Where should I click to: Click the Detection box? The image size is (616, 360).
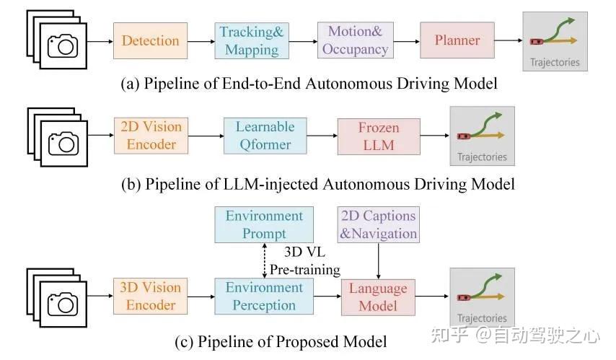click(x=150, y=41)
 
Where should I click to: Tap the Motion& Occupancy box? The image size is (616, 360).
click(x=354, y=40)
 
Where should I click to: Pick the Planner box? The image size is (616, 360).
click(x=457, y=41)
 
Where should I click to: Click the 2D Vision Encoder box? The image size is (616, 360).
click(x=151, y=135)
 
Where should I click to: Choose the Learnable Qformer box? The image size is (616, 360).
click(x=265, y=135)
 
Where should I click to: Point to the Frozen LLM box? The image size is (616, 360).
click(x=378, y=136)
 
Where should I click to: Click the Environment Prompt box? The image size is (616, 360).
click(x=264, y=224)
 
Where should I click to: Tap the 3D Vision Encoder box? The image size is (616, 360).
click(x=151, y=296)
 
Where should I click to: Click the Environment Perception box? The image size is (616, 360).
click(x=264, y=296)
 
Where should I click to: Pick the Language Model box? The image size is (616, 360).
click(x=378, y=297)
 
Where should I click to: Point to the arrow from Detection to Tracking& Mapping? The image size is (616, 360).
click(x=201, y=41)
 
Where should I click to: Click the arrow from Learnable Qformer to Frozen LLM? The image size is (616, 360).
click(x=321, y=136)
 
